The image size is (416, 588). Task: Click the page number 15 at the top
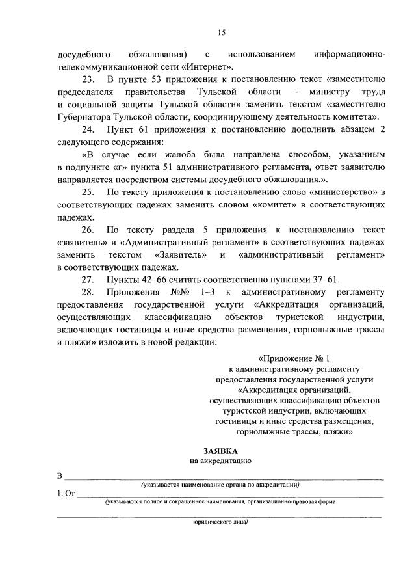222,32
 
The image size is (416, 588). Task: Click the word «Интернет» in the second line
207,66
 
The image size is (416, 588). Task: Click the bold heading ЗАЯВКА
220,450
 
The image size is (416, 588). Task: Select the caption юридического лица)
220,522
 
